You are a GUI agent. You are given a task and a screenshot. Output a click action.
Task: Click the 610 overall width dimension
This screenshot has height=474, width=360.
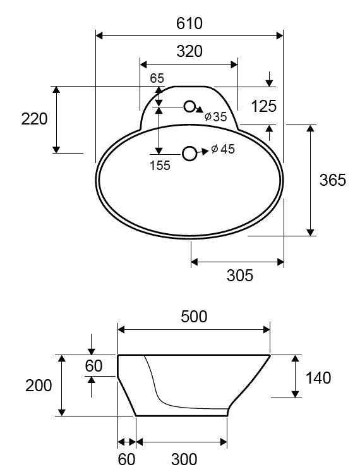pos(189,23)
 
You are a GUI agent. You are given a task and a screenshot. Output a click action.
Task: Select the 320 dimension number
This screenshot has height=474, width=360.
pos(189,51)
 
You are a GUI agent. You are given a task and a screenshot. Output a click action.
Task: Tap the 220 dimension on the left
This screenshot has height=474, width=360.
pos(34,119)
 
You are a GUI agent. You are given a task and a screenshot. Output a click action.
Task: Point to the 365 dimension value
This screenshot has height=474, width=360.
pos(332,180)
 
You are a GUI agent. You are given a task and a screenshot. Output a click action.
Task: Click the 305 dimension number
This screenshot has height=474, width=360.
pos(240,276)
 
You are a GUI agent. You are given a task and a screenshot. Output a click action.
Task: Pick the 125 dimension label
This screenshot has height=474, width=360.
pos(263,106)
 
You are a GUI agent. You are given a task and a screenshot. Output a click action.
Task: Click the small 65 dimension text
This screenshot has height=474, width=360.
pos(157,78)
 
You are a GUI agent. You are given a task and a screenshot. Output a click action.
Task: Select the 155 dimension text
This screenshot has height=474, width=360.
pos(160,166)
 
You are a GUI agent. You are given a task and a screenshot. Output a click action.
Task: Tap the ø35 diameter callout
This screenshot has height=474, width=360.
pos(215,116)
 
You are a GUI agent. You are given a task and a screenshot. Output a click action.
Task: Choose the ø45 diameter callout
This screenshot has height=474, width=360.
pos(223,149)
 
